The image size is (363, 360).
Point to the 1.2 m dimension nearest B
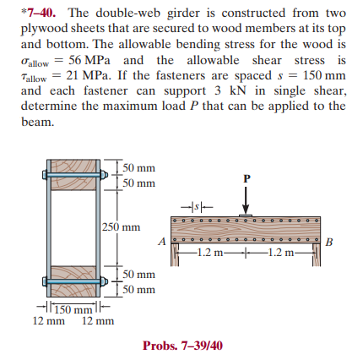[x=284, y=252]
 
